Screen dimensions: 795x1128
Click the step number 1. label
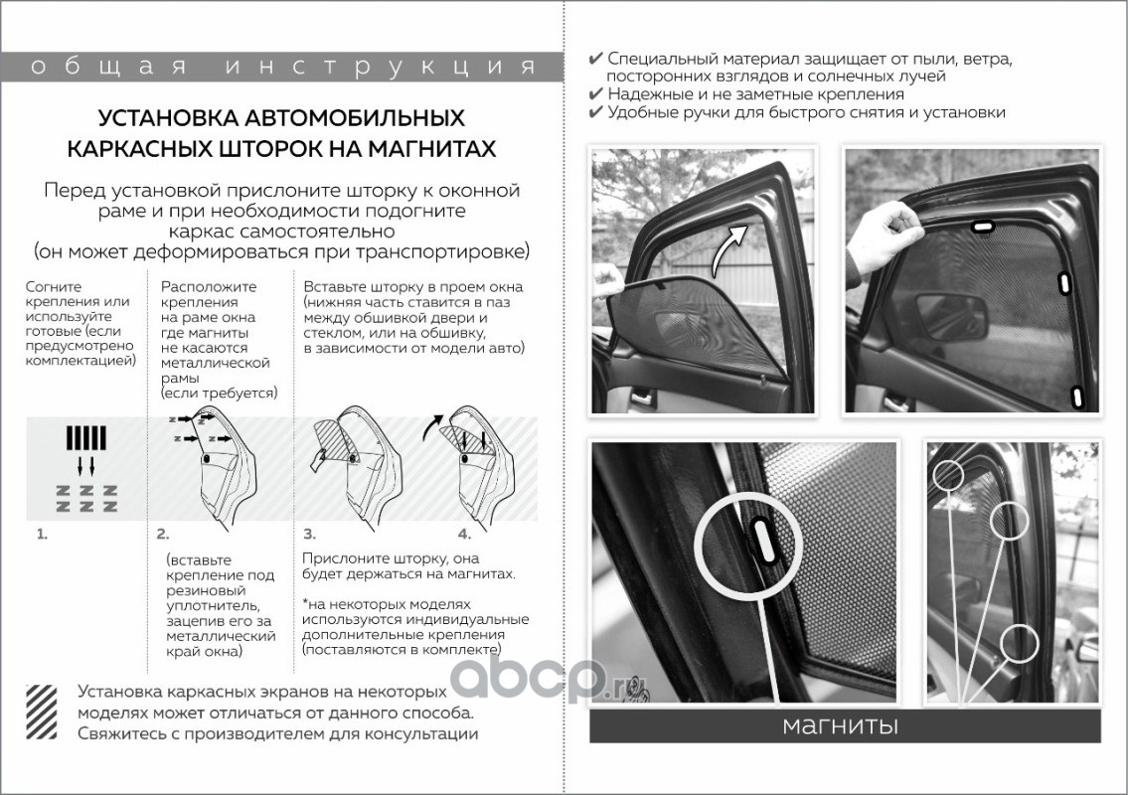pos(42,534)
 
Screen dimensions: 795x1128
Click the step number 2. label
pos(163,534)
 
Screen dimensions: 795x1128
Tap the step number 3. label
pos(309,534)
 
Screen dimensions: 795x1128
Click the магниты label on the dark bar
pos(840,725)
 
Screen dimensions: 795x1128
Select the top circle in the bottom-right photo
pos(948,474)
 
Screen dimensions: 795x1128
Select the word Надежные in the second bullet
pos(647,94)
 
